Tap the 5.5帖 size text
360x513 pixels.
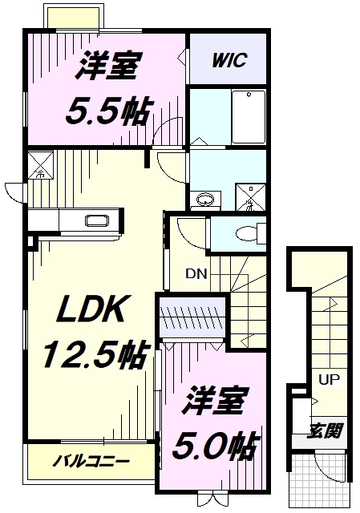coord(106,111)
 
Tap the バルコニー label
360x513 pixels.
coord(91,462)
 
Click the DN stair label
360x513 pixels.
coord(196,273)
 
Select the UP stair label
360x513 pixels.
coord(327,379)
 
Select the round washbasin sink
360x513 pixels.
coord(206,199)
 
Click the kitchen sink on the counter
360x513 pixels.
coord(97,221)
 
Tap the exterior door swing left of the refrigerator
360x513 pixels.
coord(15,192)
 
